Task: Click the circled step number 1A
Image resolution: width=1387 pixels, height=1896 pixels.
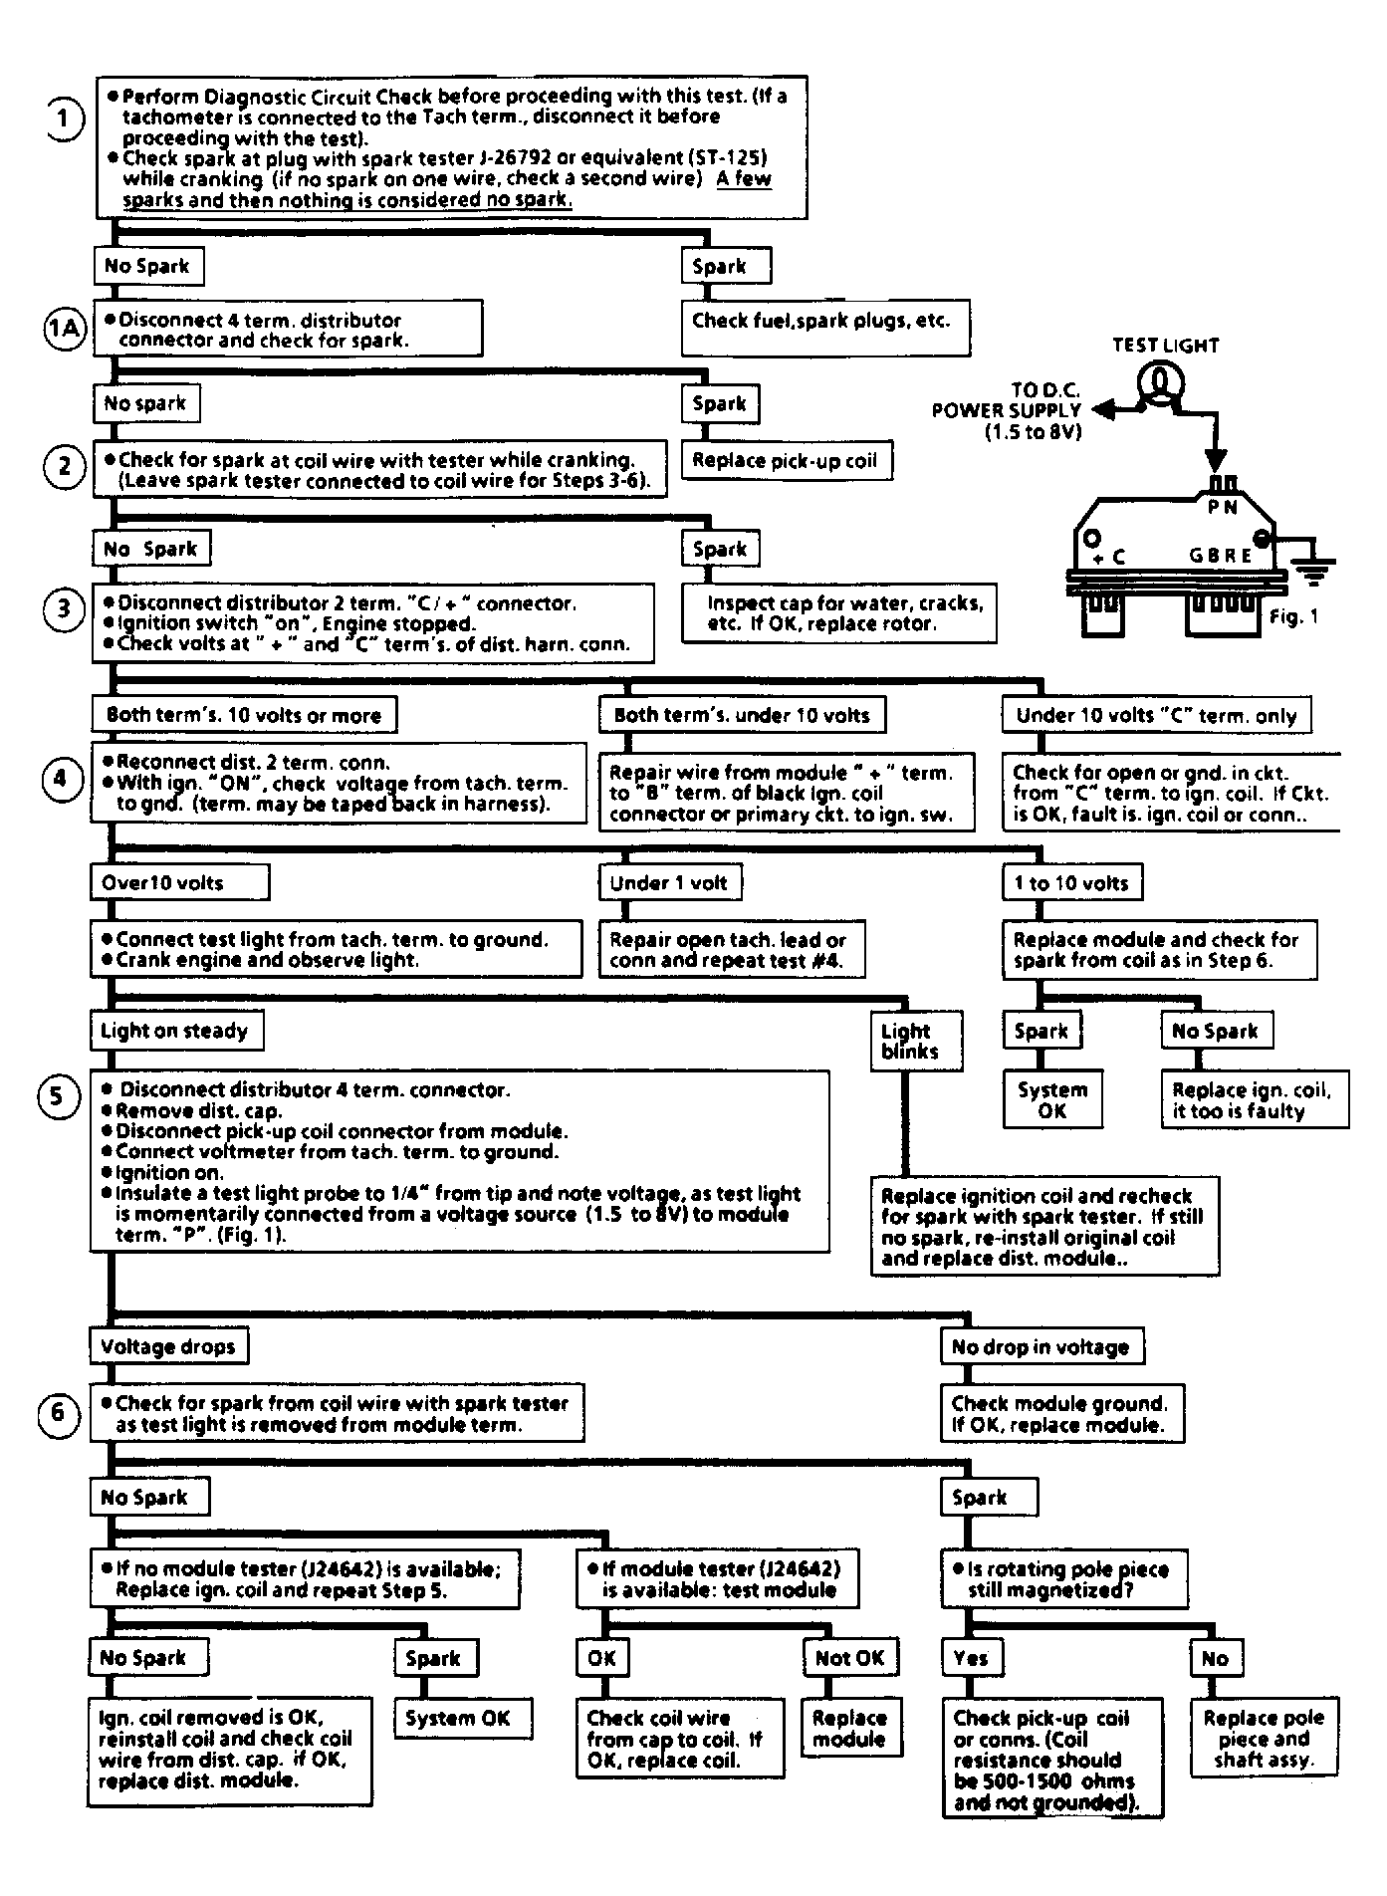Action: coord(65,329)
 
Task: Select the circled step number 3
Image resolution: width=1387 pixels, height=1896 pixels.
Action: coord(65,606)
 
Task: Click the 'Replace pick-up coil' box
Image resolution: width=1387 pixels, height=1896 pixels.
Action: coord(786,461)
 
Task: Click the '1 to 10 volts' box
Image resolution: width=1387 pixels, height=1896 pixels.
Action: coord(1072,882)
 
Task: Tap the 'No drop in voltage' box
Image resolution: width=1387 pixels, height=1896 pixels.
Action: coord(1041,1346)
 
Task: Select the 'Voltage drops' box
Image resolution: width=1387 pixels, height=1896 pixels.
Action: coord(168,1346)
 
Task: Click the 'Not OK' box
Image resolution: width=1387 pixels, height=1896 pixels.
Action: coord(850,1658)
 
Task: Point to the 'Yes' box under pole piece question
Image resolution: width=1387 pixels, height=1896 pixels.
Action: coord(972,1658)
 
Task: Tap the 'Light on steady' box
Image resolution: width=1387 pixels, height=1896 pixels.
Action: coord(176,1031)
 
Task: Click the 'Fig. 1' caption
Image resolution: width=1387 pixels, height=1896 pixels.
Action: coord(1294,617)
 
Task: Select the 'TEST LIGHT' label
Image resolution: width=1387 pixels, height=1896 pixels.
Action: coord(1165,346)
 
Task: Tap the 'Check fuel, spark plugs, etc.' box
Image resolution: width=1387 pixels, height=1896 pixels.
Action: coord(825,329)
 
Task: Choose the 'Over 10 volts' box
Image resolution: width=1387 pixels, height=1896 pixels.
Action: coord(180,882)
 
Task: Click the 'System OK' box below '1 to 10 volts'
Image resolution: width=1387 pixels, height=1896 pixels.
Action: coord(1052,1100)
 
